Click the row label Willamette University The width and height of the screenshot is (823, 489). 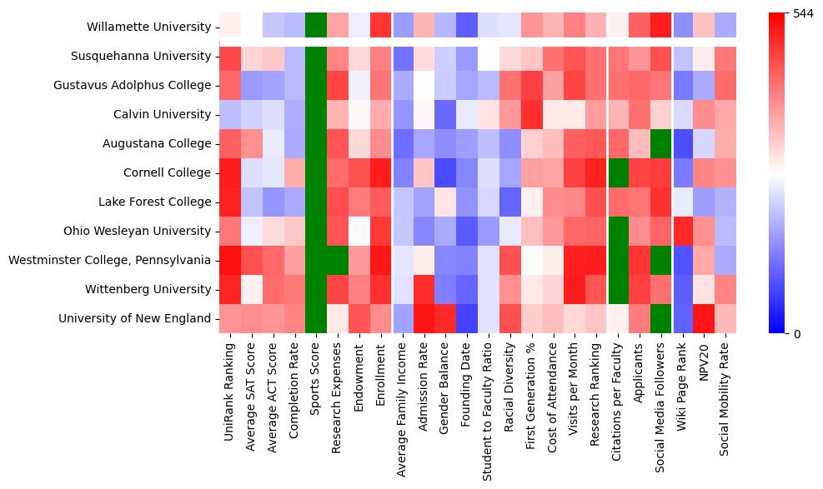(148, 27)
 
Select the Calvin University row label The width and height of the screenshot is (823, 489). (162, 114)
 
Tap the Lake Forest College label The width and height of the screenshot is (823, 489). (155, 202)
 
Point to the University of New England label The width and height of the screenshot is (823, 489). (135, 318)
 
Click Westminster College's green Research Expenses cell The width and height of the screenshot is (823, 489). (338, 260)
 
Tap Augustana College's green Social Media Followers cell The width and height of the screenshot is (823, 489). (662, 143)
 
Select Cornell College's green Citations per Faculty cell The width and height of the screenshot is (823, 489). (619, 172)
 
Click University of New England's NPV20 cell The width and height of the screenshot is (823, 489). (705, 318)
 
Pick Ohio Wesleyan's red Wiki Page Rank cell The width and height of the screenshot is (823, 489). (684, 231)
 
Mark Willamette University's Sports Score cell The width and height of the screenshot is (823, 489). (316, 27)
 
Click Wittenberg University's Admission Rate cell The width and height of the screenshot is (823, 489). (424, 289)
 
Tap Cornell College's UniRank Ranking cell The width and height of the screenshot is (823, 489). (230, 172)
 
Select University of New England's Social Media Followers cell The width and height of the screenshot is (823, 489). (662, 318)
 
